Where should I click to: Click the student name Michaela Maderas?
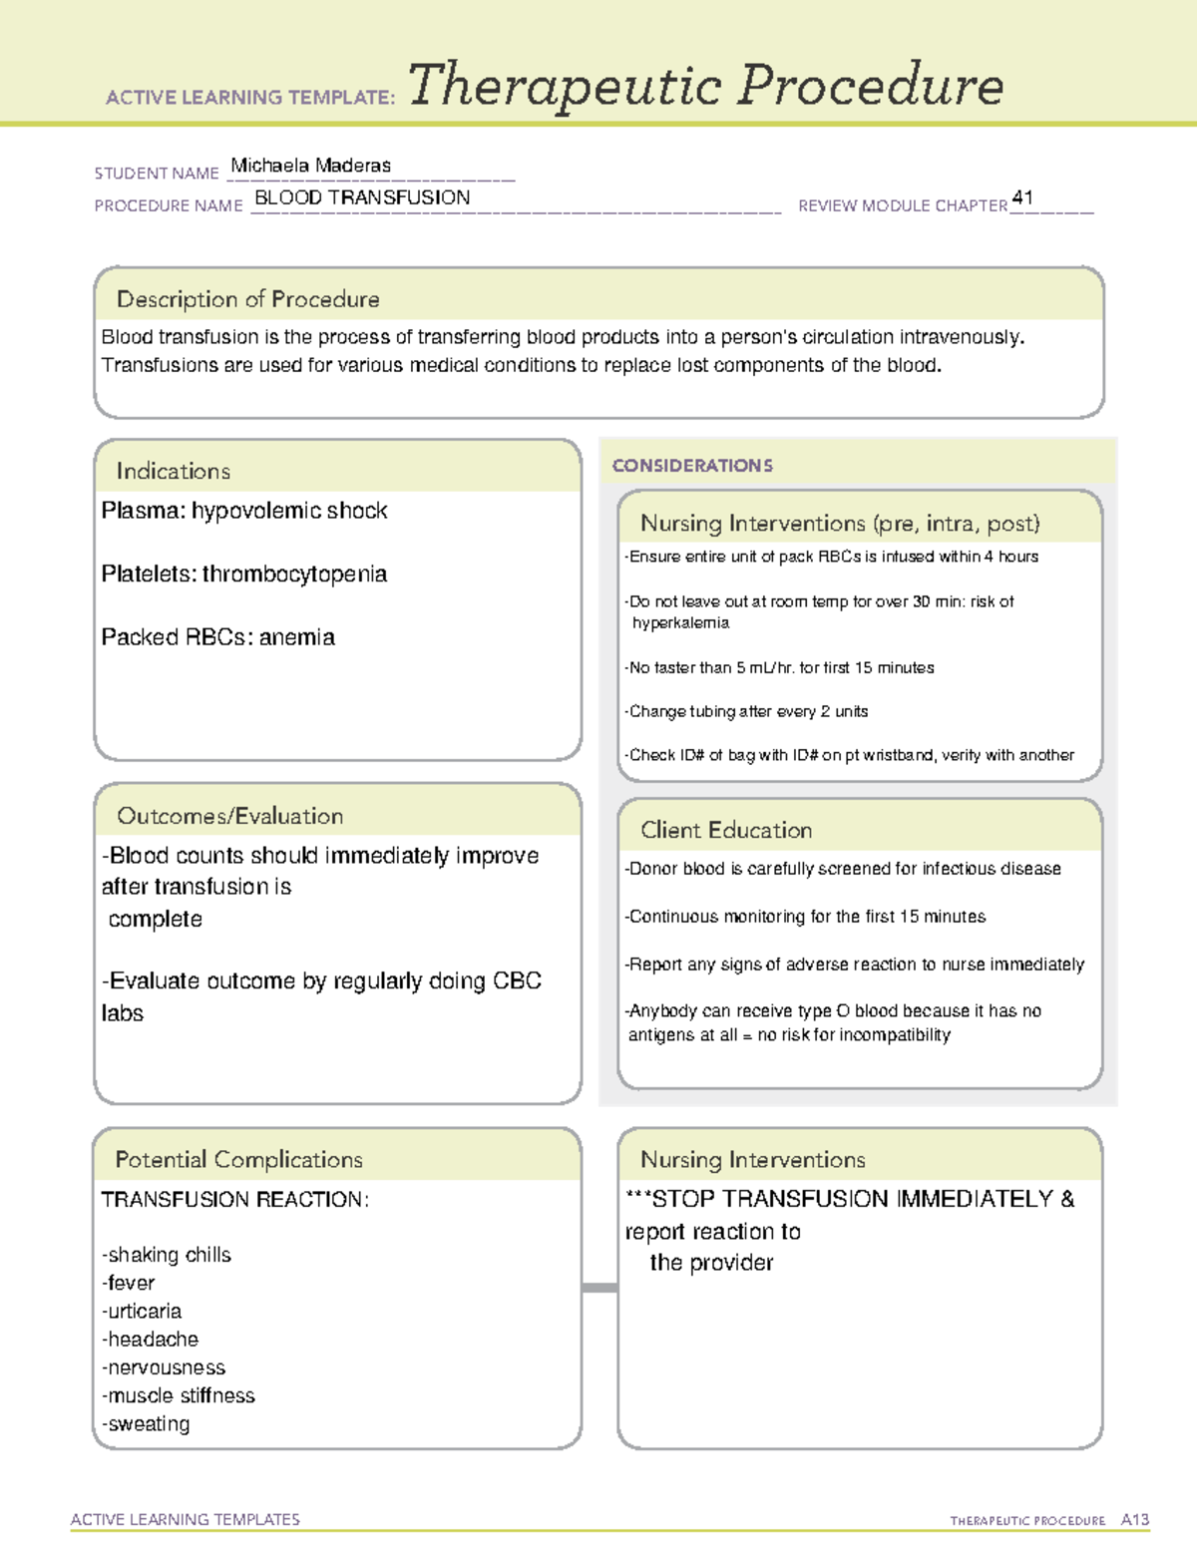pos(310,166)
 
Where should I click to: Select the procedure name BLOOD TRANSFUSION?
pos(362,197)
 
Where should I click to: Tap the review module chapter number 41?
pos(1022,197)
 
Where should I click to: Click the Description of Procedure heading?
pos(247,299)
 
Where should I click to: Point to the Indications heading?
pos(173,471)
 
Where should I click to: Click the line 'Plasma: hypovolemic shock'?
pos(244,511)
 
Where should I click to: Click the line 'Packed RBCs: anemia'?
pos(217,637)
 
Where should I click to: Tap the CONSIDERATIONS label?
pos(692,466)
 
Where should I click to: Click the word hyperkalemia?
pos(680,623)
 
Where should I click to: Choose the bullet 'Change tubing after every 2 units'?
pos(747,711)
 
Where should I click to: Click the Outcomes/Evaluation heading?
pos(229,816)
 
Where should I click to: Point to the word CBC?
pos(517,981)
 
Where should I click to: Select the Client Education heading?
pos(726,830)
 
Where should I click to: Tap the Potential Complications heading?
pos(238,1160)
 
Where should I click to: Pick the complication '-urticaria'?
pos(142,1312)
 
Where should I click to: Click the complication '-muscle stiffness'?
pos(179,1396)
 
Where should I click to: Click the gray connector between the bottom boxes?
pos(599,1288)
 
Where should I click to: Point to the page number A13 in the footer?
pos(1134,1520)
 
